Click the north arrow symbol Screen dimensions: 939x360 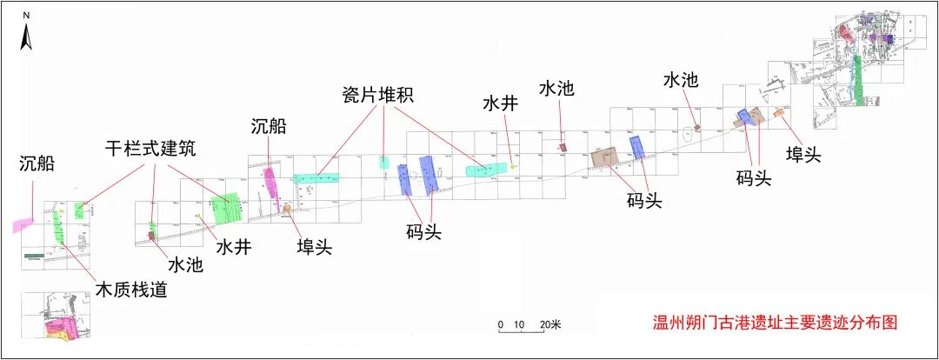tap(27, 37)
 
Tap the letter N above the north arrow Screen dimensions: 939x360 tap(27, 17)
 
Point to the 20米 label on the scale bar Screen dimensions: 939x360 tap(550, 324)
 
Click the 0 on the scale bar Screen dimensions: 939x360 tap(500, 324)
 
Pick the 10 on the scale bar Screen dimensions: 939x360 tap(519, 324)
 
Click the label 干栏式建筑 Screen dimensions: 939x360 tap(146, 149)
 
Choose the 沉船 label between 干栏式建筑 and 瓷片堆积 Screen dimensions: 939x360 tap(268, 127)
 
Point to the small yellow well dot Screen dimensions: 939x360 tap(513, 165)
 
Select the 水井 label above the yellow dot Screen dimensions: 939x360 tap(501, 104)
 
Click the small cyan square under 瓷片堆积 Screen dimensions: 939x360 tap(383, 162)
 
